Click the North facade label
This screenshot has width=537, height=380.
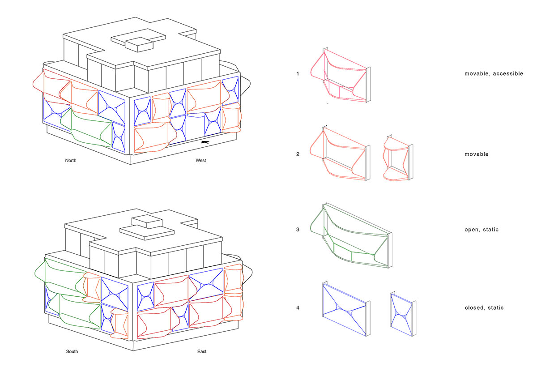pos(71,160)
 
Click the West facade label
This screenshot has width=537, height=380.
pos(200,160)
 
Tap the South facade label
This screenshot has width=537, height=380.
pos(72,351)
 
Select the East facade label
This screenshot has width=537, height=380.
pos(202,351)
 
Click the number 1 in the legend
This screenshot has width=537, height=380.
pos(298,73)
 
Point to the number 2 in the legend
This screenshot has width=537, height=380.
pos(298,154)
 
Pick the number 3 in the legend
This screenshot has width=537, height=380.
pos(298,230)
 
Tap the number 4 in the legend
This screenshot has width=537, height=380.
pos(298,307)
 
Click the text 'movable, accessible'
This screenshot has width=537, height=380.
pos(494,73)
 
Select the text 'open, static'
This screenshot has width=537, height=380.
pos(482,230)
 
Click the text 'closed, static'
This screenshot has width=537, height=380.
pos(484,307)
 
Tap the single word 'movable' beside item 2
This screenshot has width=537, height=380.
pos(477,154)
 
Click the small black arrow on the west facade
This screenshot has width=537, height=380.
pos(205,142)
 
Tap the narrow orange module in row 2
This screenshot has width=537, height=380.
pos(398,159)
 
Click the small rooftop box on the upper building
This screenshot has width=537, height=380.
pos(139,45)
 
